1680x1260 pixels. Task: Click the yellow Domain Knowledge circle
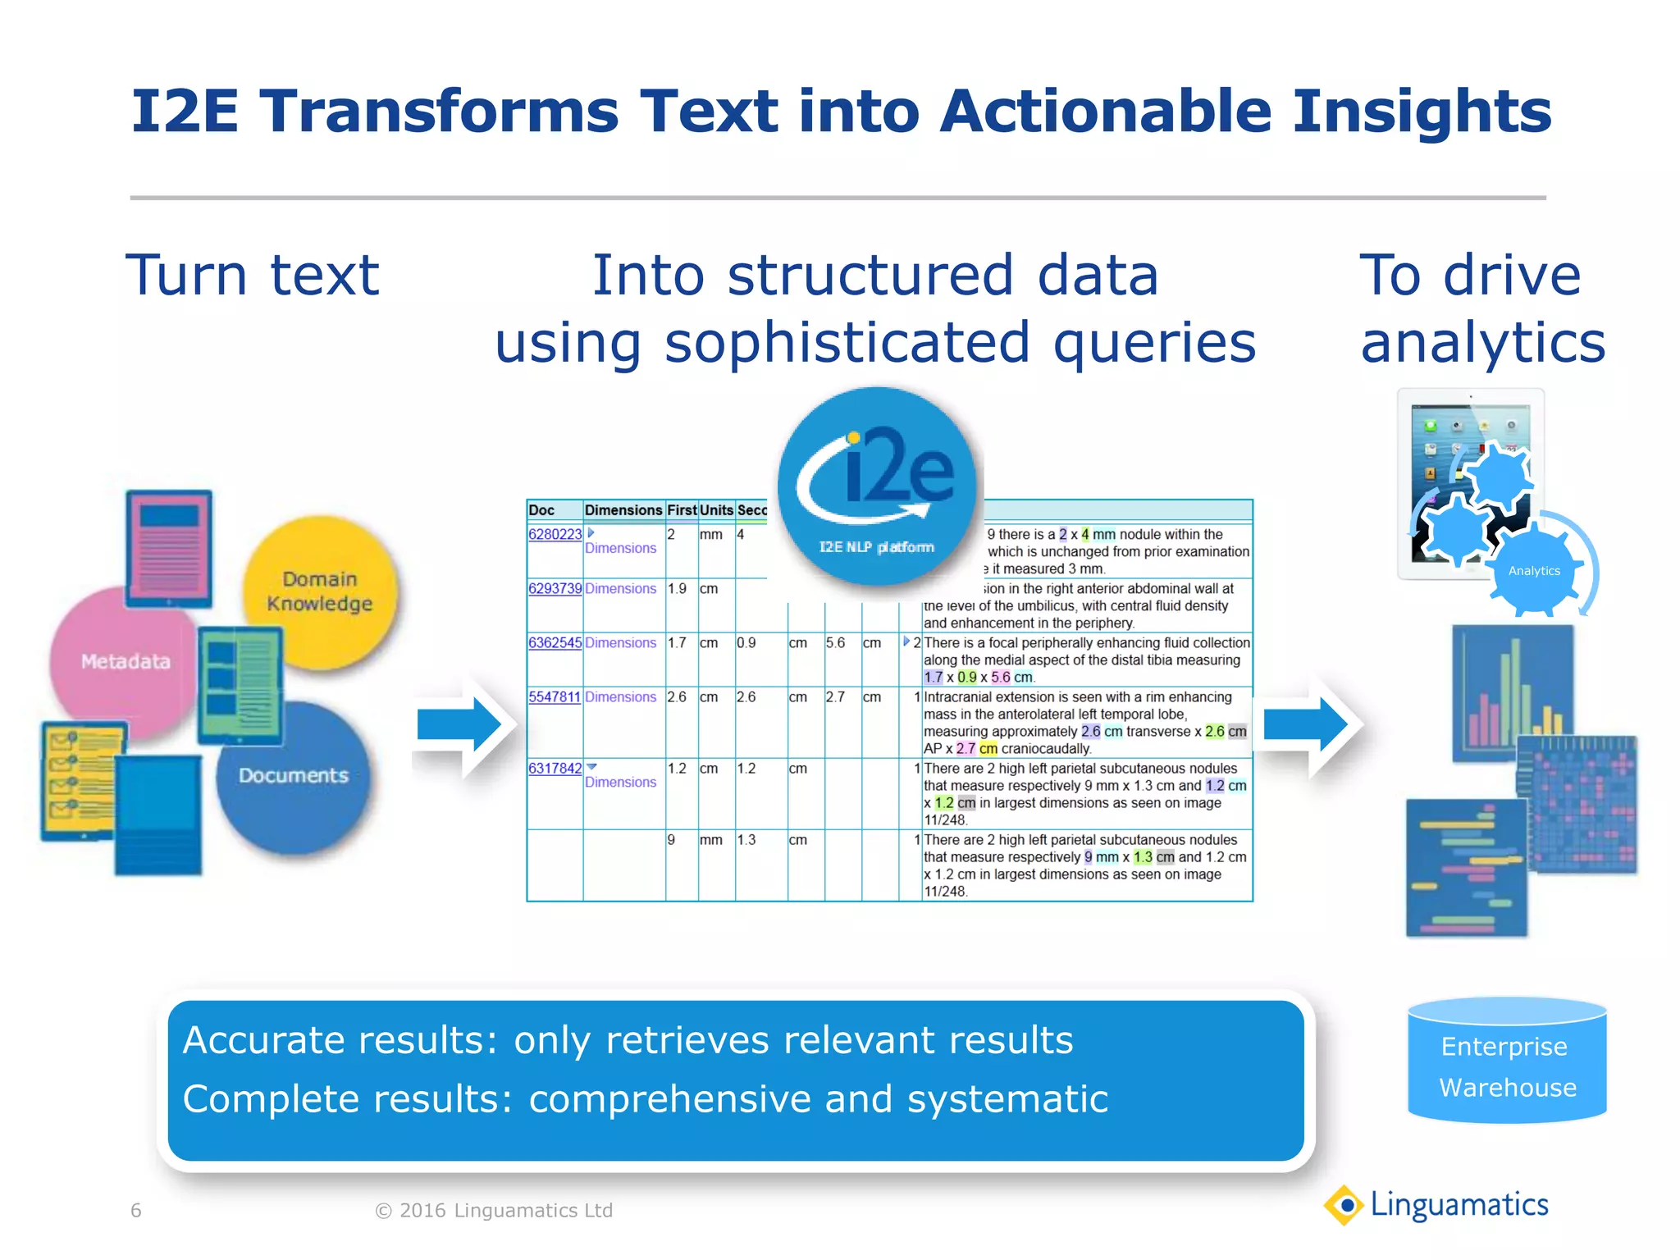coord(320,591)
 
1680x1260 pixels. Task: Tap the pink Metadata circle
coord(123,661)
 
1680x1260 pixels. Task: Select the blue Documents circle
coord(294,775)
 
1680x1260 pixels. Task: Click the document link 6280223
coord(555,534)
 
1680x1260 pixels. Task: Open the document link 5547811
coord(555,696)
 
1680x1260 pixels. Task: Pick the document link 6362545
coord(555,642)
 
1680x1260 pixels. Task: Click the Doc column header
coord(541,509)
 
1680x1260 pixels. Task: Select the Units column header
coord(716,509)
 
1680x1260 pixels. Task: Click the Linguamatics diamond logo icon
coord(1344,1205)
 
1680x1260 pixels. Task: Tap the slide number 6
coord(136,1211)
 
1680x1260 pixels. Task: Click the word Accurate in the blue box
coord(253,1040)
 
